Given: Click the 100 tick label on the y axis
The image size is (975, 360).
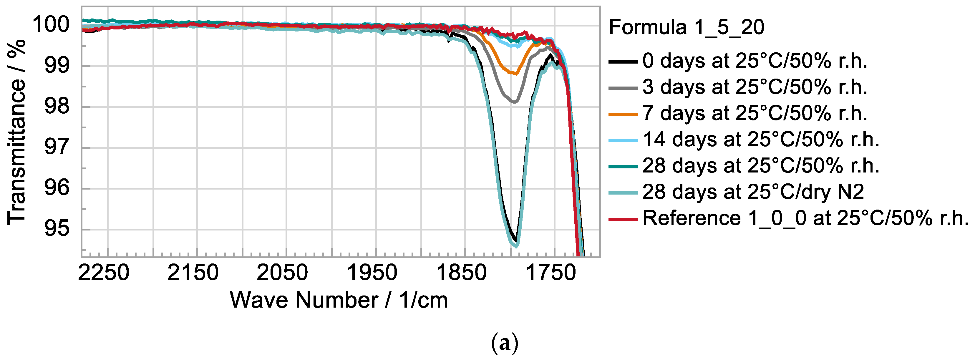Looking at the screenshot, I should coord(51,25).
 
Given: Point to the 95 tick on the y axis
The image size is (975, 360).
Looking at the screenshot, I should coord(57,228).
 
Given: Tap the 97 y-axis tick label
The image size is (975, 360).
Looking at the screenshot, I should coord(57,147).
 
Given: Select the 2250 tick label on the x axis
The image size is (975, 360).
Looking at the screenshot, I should coord(104,273).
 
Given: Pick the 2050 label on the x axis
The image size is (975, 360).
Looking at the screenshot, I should coord(282,273).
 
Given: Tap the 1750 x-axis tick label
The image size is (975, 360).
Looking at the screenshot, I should coord(551,273).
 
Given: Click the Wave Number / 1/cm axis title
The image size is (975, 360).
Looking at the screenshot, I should coord(339,300).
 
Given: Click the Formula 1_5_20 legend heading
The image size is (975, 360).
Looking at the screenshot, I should coord(686,27).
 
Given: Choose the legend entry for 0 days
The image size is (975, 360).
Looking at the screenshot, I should coord(753,61).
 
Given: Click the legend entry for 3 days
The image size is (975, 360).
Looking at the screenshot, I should coord(753,87).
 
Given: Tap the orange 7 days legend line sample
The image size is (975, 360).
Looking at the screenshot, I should coord(623,114).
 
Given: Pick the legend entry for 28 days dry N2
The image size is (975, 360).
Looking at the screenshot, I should coord(753,192).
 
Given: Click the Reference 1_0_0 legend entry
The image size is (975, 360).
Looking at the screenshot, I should coord(804,218).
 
